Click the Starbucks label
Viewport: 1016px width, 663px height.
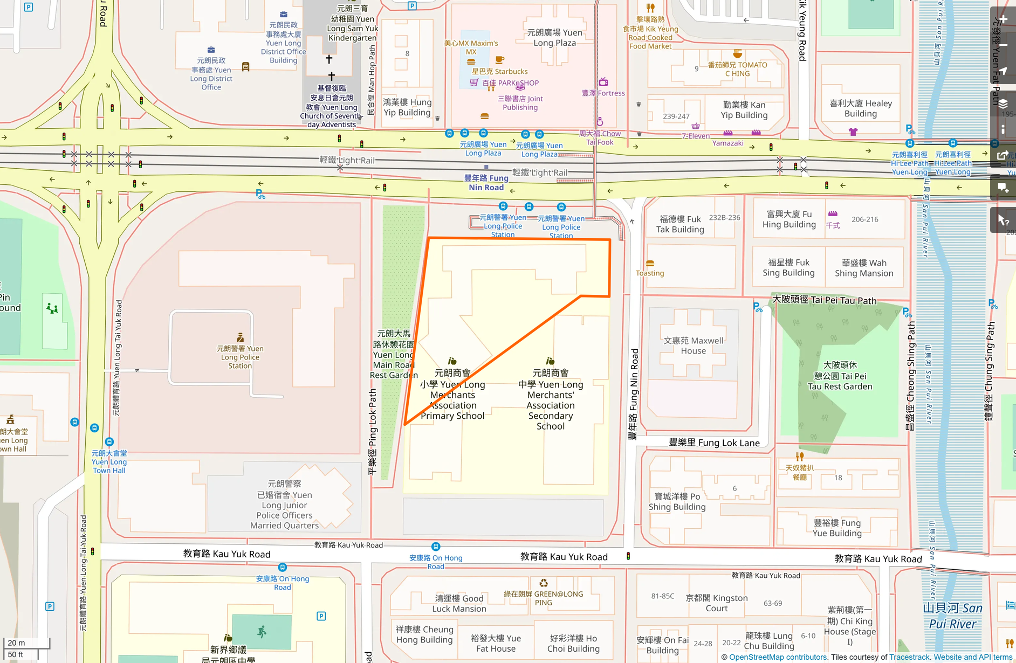pyautogui.click(x=500, y=71)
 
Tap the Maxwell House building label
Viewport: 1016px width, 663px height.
pyautogui.click(x=693, y=346)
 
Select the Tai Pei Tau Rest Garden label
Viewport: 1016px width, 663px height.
pyautogui.click(x=840, y=376)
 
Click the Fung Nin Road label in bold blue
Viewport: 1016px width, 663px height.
pyautogui.click(x=486, y=183)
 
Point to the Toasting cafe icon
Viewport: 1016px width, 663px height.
pyautogui.click(x=650, y=264)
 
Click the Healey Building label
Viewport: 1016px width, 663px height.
pyautogui.click(x=861, y=108)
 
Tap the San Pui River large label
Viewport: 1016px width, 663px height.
pyautogui.click(x=952, y=616)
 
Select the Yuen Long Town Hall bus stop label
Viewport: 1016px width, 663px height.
pyautogui.click(x=109, y=462)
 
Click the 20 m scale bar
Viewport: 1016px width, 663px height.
pyautogui.click(x=27, y=643)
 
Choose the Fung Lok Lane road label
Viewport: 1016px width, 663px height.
pyautogui.click(x=714, y=443)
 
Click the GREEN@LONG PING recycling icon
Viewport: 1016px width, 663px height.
pyautogui.click(x=544, y=583)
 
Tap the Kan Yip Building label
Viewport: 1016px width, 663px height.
pyautogui.click(x=744, y=110)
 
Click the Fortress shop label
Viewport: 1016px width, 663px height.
pyautogui.click(x=603, y=93)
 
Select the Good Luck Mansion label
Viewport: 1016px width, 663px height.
pyautogui.click(x=459, y=603)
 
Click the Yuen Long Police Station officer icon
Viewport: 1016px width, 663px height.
pyautogui.click(x=241, y=338)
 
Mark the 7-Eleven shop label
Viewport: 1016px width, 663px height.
pyautogui.click(x=696, y=136)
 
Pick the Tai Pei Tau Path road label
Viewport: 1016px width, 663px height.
pyautogui.click(x=824, y=300)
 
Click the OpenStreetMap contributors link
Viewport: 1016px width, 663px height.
pyautogui.click(x=778, y=657)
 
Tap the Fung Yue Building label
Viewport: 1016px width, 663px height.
pyautogui.click(x=837, y=528)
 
